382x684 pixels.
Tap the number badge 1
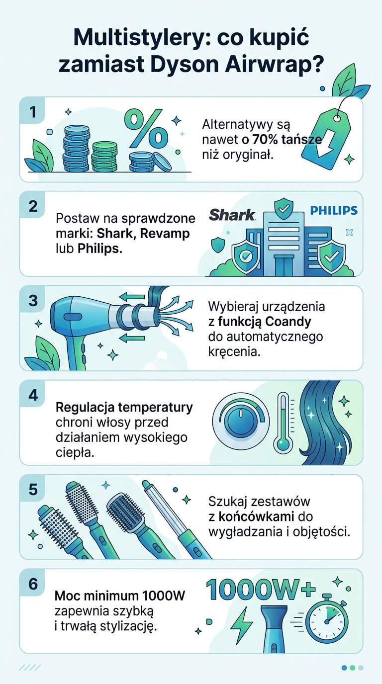click(33, 112)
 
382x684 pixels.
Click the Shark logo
click(232, 214)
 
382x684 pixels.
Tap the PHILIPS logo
click(334, 210)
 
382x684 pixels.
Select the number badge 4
click(33, 395)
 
